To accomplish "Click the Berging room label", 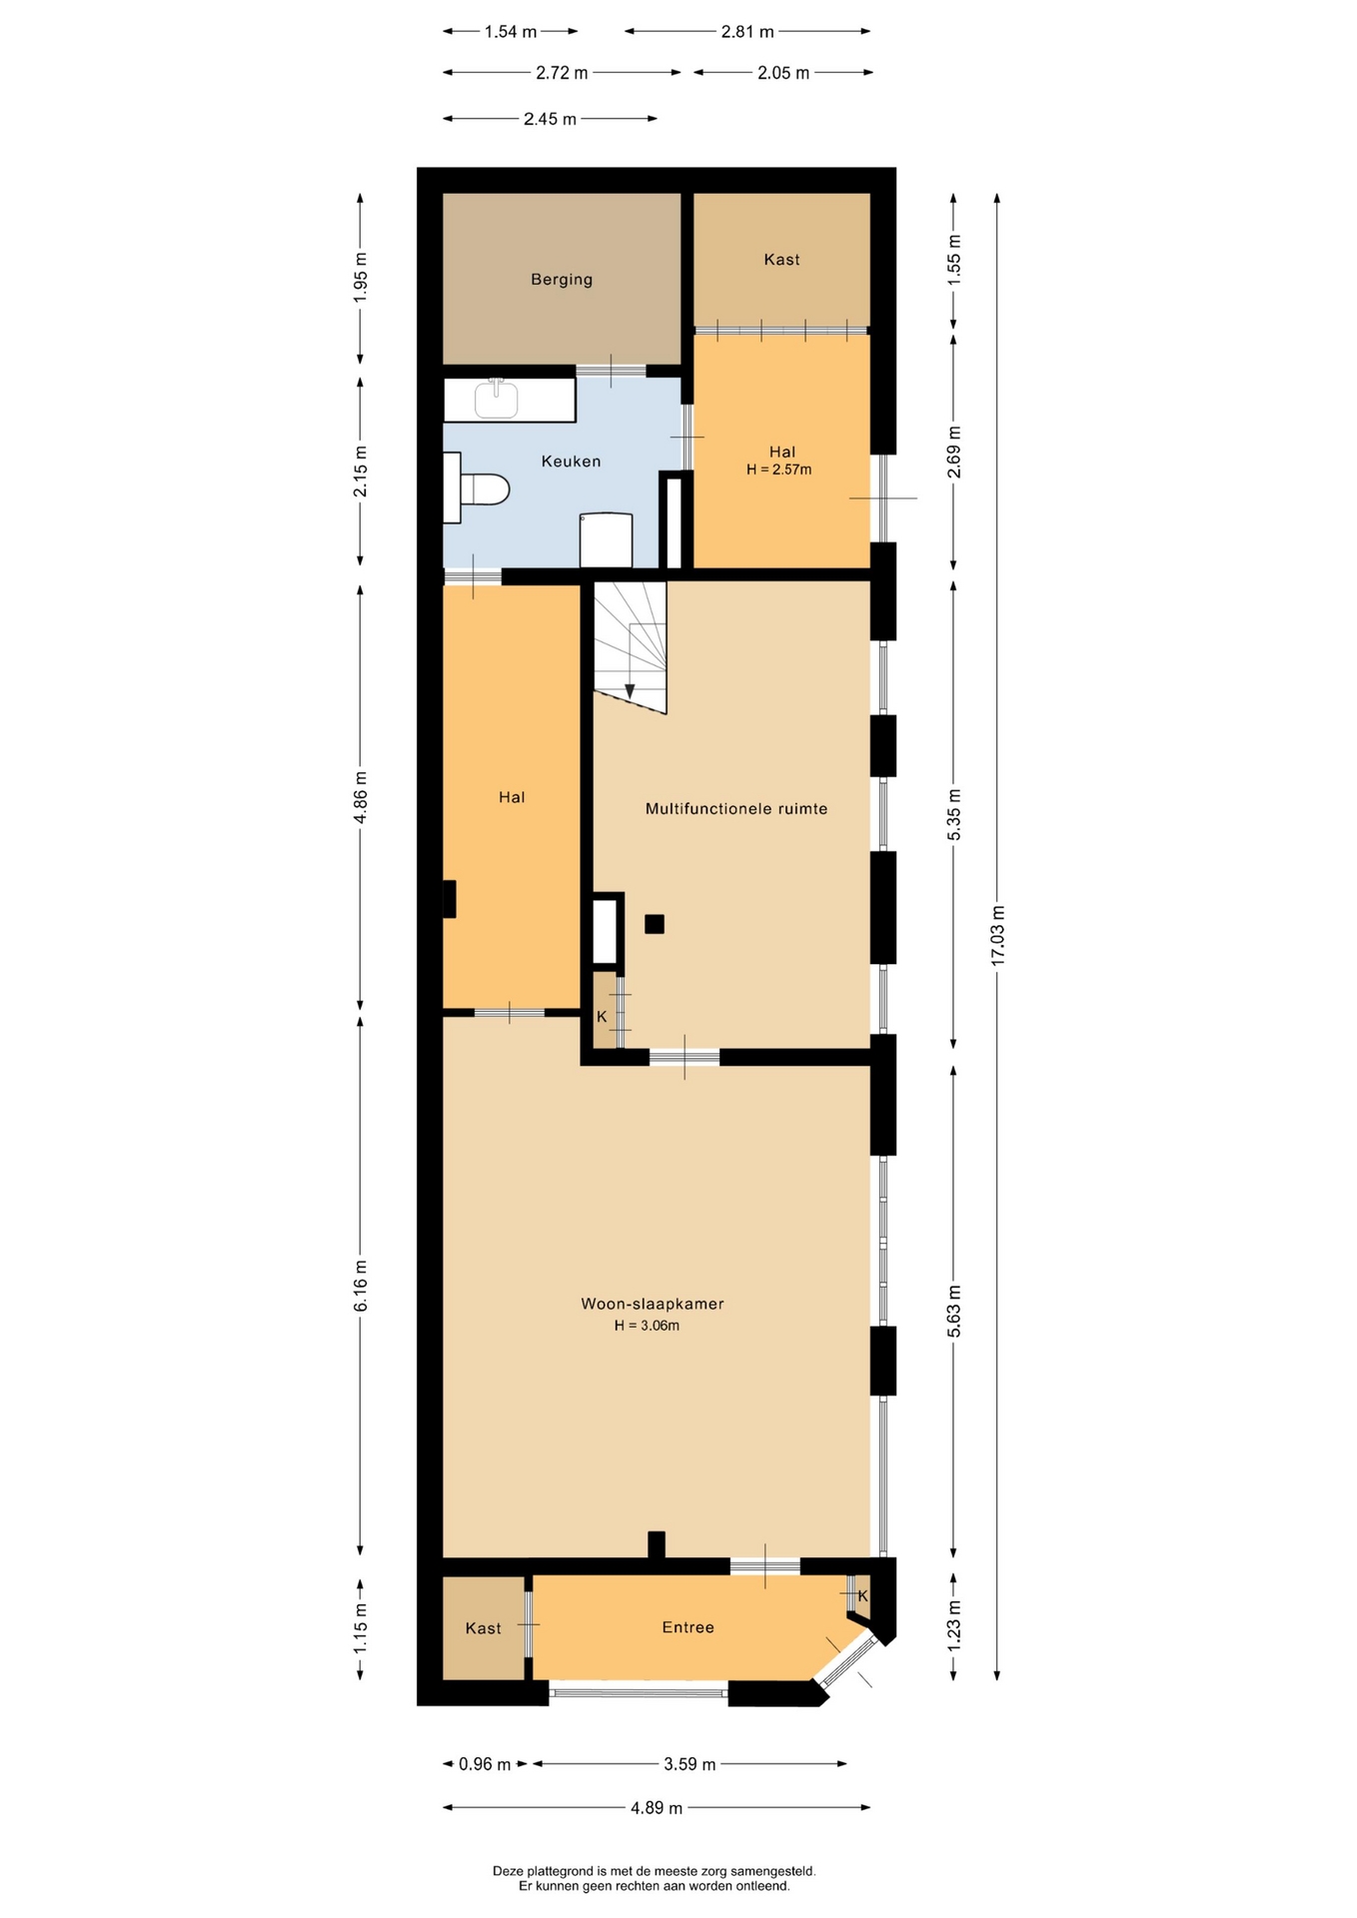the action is pyautogui.click(x=562, y=280).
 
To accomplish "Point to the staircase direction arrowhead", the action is pyautogui.click(x=630, y=691).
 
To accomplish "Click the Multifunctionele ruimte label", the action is pyautogui.click(x=736, y=809).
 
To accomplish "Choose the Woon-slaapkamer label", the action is pyautogui.click(x=653, y=1304).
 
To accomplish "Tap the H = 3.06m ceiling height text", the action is pyautogui.click(x=648, y=1326).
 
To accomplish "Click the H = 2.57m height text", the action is pyautogui.click(x=779, y=470).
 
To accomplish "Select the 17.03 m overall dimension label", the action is pyautogui.click(x=997, y=935).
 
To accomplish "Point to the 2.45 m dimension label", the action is pyautogui.click(x=551, y=119).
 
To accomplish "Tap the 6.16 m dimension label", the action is pyautogui.click(x=361, y=1288).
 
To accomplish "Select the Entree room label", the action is pyautogui.click(x=688, y=1627).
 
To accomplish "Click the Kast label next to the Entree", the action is pyautogui.click(x=484, y=1628).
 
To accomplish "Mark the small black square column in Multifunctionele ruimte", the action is pyautogui.click(x=655, y=924).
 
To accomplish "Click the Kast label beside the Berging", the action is pyautogui.click(x=781, y=260).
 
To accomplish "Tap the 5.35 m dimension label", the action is pyautogui.click(x=954, y=814).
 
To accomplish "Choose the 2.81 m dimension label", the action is pyautogui.click(x=747, y=32).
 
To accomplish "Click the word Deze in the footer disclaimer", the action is pyautogui.click(x=507, y=1871).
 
